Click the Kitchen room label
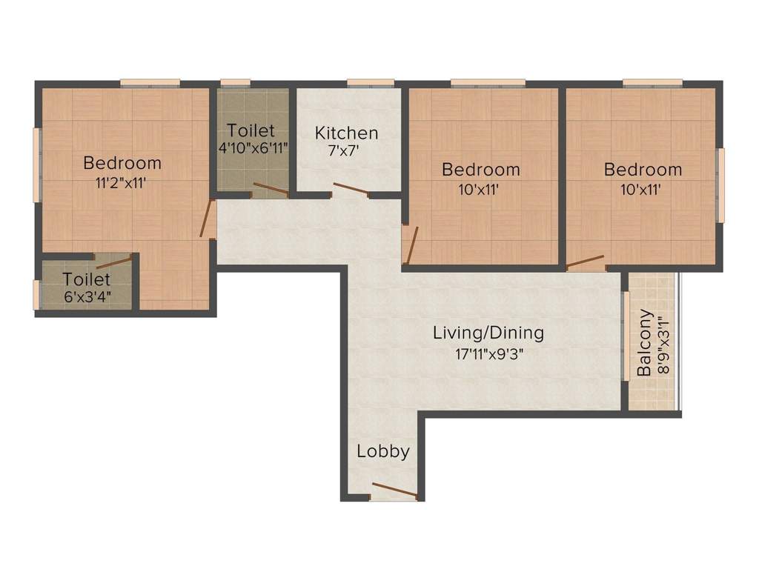click(x=346, y=133)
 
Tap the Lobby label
click(x=382, y=451)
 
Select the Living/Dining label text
click(x=488, y=333)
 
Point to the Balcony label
click(x=645, y=342)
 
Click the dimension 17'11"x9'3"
click(x=488, y=353)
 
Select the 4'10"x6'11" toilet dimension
click(x=253, y=147)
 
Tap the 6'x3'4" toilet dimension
click(x=86, y=298)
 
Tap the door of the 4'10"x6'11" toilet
click(x=270, y=190)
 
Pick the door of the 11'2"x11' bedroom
click(x=208, y=219)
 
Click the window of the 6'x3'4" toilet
click(x=36, y=294)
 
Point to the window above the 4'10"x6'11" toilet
click(x=235, y=83)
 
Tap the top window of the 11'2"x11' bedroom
click(x=150, y=83)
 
